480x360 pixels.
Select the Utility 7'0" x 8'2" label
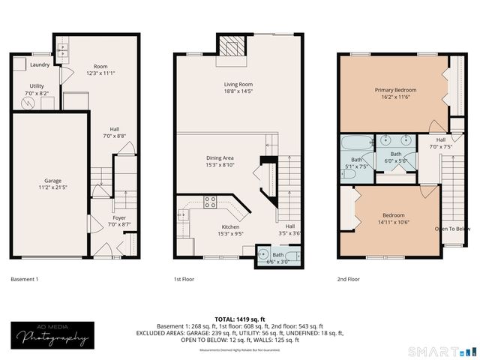(37, 90)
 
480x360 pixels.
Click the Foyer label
(119, 220)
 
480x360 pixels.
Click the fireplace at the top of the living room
(232, 46)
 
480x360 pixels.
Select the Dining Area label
(220, 162)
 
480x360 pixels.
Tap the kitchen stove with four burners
(211, 202)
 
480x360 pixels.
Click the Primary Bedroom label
(395, 94)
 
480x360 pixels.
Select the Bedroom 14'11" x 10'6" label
(394, 219)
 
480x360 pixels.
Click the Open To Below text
(453, 229)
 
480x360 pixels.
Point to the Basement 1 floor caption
(25, 279)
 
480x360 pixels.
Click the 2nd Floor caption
(349, 279)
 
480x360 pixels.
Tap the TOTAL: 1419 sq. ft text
(240, 319)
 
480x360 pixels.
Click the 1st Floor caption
(184, 279)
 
